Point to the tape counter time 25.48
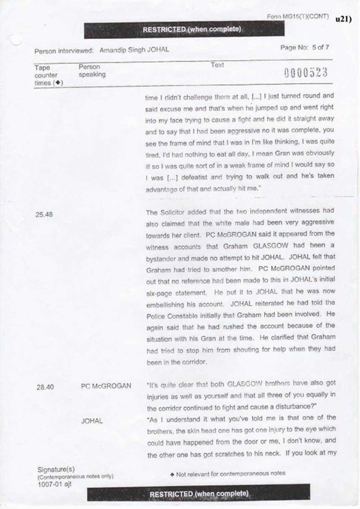(45, 213)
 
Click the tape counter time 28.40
(46, 387)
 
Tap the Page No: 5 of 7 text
(304, 48)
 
